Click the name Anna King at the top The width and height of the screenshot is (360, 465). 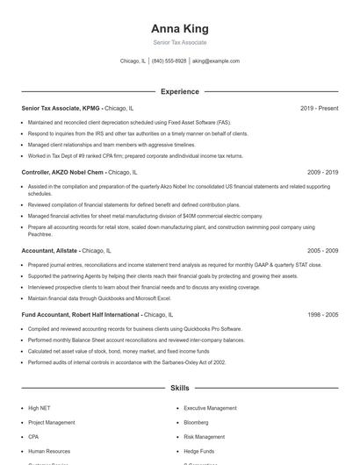tap(180, 28)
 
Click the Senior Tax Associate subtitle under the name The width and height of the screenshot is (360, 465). tap(180, 42)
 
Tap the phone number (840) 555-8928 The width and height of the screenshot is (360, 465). tap(169, 61)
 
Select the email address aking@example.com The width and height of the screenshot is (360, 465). tap(216, 61)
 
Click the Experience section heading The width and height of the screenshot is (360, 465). tap(180, 91)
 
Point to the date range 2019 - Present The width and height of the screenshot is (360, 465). tap(319, 109)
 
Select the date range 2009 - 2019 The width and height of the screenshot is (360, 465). tap(322, 173)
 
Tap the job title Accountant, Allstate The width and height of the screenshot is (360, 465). tap(50, 250)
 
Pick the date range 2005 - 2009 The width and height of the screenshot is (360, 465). tap(322, 250)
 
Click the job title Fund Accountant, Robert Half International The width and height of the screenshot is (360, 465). tap(81, 314)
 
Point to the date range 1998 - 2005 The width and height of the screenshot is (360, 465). tap(322, 314)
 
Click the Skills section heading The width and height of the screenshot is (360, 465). tap(180, 387)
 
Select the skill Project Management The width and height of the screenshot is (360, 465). tap(52, 422)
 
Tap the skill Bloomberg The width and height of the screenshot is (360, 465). tap(197, 422)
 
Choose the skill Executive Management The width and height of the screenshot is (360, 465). tap(210, 408)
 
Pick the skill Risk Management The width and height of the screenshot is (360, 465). tap(205, 436)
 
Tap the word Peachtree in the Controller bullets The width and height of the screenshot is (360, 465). tap(40, 234)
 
